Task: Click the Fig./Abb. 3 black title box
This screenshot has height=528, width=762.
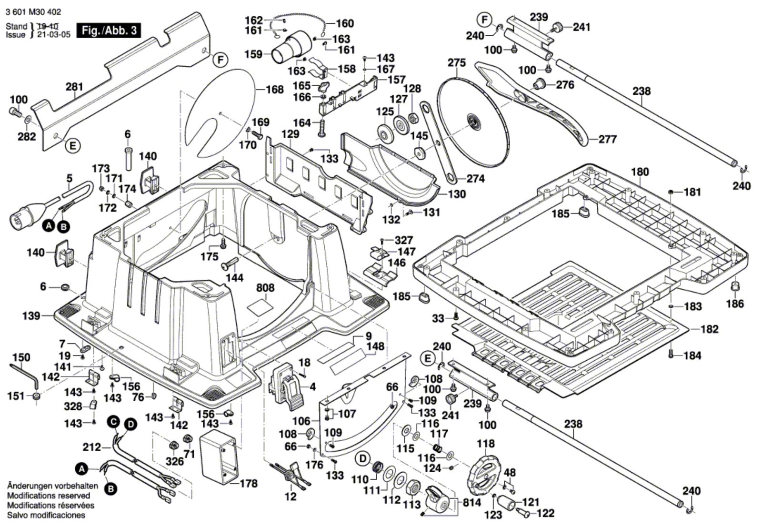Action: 110,31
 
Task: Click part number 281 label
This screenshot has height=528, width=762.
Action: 74,87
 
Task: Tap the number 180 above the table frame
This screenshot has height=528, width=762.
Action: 640,172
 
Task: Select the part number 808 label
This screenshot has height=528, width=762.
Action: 265,288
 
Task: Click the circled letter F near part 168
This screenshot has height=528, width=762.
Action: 220,60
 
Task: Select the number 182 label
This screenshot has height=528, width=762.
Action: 710,329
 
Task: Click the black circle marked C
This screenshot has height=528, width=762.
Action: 113,421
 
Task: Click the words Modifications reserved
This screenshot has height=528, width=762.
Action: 49,496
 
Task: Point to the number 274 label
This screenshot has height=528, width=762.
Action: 475,178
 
